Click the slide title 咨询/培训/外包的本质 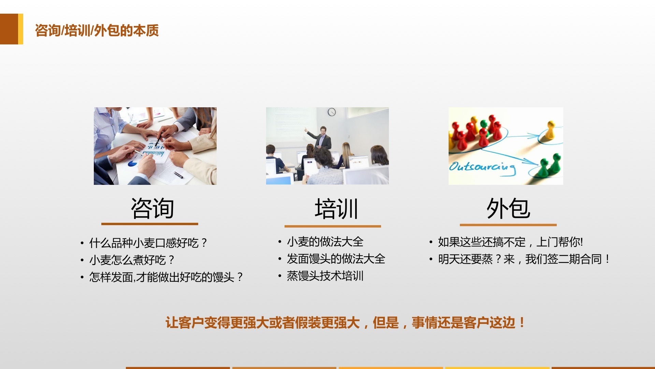[x=97, y=30]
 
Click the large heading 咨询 [x=152, y=208]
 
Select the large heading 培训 [x=336, y=209]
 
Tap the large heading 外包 [x=508, y=208]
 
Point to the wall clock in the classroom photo [x=332, y=112]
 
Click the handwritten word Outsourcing [x=482, y=167]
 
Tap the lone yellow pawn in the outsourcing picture [x=550, y=130]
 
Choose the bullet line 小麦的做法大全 [x=325, y=242]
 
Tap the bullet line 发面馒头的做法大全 [x=336, y=259]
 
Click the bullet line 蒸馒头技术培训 [x=325, y=276]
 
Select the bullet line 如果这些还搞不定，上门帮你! [x=511, y=242]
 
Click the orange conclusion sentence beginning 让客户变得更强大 [x=346, y=323]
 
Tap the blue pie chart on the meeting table [x=132, y=164]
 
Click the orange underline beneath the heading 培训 [x=333, y=226]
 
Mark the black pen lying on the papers [x=178, y=175]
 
